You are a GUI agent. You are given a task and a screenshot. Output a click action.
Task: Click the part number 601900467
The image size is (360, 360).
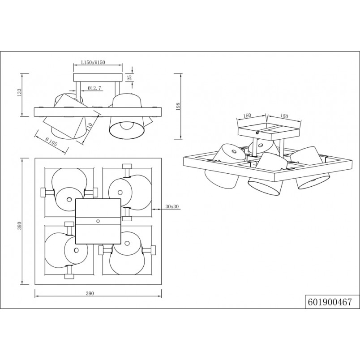[x=330, y=302]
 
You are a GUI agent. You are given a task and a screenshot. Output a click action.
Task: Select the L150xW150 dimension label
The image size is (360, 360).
[x=93, y=62]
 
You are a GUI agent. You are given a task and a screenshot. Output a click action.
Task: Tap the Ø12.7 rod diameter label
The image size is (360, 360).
[x=94, y=88]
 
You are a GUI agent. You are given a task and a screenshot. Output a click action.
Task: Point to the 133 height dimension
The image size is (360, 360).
[x=19, y=93]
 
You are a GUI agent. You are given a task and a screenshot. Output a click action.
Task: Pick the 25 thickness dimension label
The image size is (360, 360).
[x=130, y=77]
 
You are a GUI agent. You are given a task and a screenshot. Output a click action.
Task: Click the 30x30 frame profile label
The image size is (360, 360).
[x=172, y=206]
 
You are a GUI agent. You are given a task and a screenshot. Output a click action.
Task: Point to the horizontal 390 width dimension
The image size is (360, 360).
[x=90, y=293]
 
